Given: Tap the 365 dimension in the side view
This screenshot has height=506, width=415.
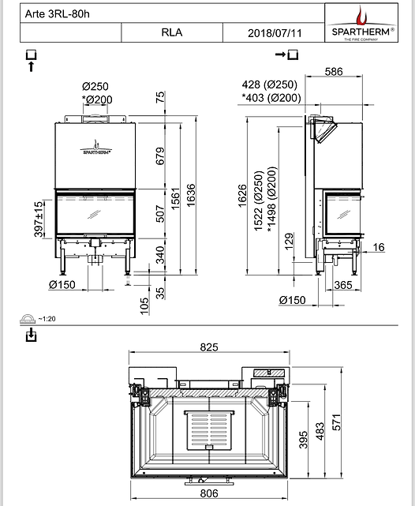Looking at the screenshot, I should (x=343, y=283).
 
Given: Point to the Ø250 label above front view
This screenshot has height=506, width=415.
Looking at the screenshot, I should (x=95, y=86).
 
